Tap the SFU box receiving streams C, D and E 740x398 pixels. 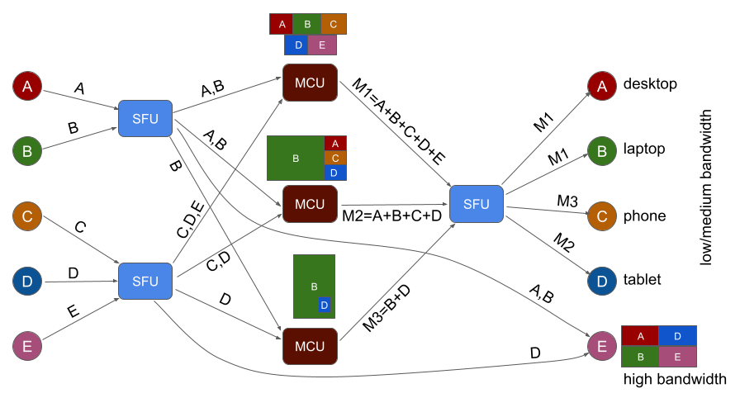[145, 282]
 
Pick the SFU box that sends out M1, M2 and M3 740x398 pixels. [477, 204]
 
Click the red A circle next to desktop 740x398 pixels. [602, 85]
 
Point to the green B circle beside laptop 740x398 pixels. [602, 150]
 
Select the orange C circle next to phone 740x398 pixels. [602, 216]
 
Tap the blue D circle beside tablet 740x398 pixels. [602, 281]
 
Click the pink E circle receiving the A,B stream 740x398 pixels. [602, 347]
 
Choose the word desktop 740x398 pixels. [651, 84]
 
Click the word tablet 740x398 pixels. [643, 280]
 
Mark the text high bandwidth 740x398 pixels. [675, 379]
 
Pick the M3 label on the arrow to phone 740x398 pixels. [567, 201]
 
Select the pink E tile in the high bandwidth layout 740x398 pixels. [677, 357]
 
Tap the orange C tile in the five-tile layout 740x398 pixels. [333, 24]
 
